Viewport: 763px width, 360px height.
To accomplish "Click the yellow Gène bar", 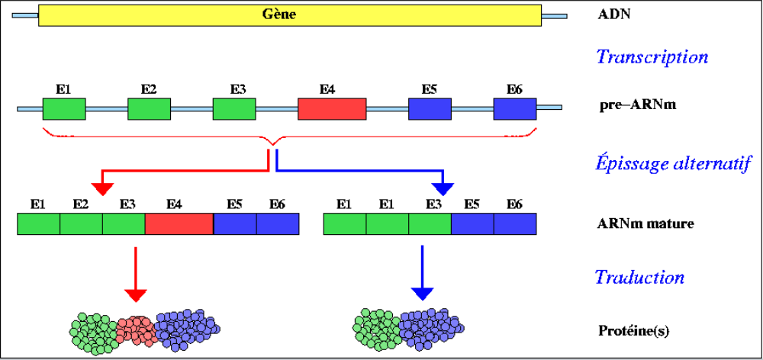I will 289,15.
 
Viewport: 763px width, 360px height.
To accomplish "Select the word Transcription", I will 652,57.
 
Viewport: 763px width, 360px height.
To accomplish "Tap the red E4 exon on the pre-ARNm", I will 332,108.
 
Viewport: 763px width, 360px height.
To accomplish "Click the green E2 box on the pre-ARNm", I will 149,109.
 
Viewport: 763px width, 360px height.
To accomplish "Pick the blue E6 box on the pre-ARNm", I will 515,109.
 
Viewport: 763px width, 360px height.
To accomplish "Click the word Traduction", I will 639,277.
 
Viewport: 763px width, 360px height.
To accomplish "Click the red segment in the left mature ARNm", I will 179,223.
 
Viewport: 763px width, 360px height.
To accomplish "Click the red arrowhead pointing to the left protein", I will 135,294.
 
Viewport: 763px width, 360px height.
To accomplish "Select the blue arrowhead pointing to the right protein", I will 422,294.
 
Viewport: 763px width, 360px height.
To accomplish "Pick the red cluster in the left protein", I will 136,329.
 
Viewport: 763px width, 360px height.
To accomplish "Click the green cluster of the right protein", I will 375,329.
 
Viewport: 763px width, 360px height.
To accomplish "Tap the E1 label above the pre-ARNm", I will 64,89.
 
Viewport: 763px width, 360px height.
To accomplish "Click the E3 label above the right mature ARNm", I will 433,204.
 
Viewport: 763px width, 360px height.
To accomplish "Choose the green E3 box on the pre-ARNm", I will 233,109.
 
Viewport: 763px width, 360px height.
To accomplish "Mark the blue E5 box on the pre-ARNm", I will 430,109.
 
